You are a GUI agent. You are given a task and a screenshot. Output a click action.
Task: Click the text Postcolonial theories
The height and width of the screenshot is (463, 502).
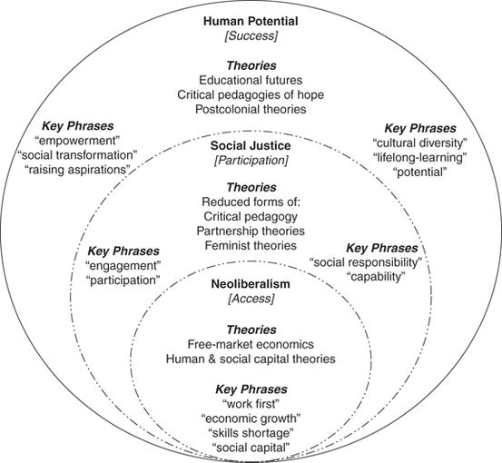point(250,111)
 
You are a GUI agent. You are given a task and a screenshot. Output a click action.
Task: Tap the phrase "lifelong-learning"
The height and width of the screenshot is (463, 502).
point(418,158)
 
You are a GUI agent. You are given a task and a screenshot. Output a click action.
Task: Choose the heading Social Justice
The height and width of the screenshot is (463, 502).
point(250,145)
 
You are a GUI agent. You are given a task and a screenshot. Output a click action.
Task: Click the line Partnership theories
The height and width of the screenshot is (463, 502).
point(250,231)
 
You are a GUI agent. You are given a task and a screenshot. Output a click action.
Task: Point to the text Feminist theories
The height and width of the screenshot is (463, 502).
point(250,245)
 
